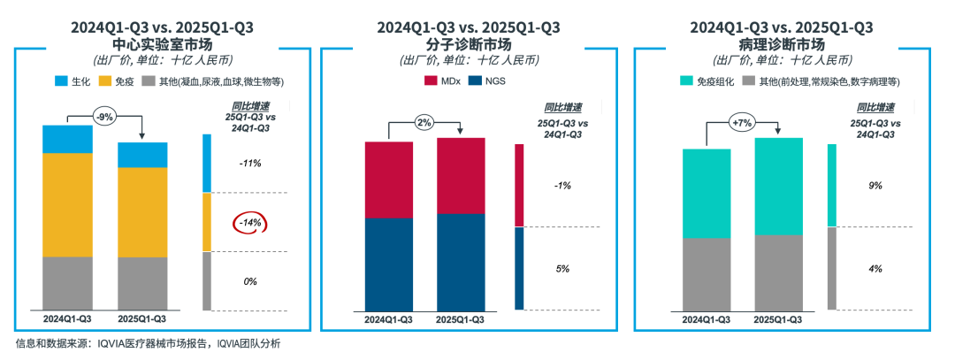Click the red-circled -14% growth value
click(248, 223)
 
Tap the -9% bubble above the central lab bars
click(106, 115)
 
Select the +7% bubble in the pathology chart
click(742, 121)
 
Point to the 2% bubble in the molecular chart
click(424, 122)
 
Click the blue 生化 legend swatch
click(61, 81)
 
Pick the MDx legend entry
click(441, 81)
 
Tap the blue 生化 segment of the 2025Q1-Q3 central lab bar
click(142, 154)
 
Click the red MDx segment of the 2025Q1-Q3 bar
click(461, 175)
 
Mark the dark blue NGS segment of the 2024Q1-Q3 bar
click(389, 263)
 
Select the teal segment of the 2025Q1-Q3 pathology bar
click(778, 186)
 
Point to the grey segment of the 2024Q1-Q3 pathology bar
click(706, 273)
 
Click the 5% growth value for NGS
click(562, 268)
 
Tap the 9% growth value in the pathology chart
click(875, 186)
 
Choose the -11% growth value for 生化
click(248, 164)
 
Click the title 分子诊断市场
click(468, 44)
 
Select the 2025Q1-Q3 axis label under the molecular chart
click(461, 319)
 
